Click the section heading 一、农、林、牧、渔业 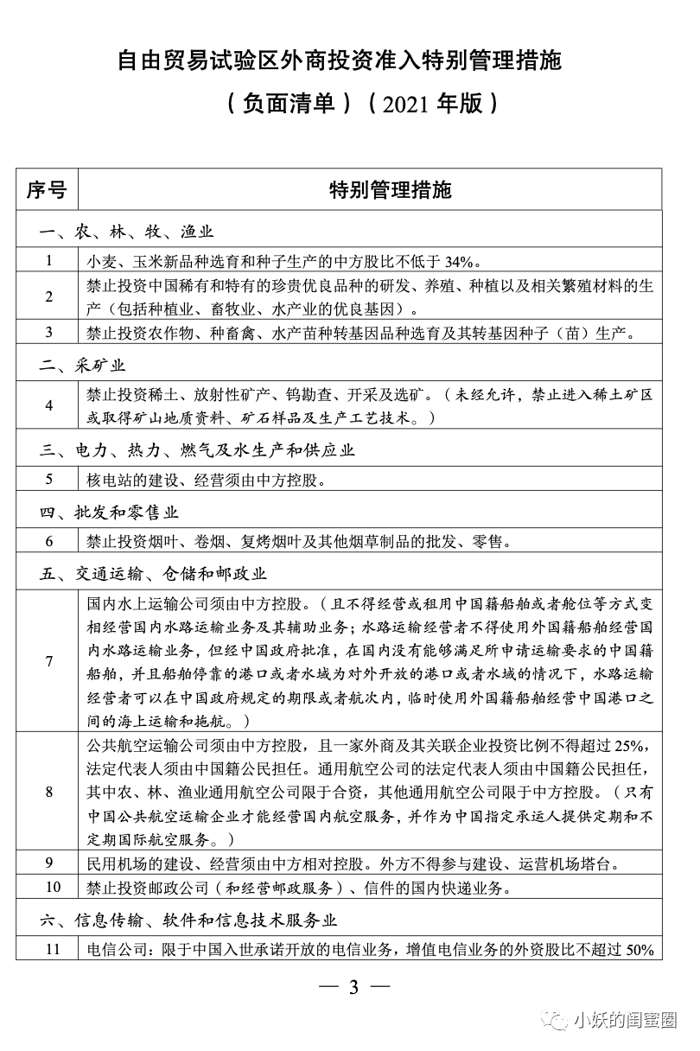[126, 232]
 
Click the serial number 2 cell [49, 296]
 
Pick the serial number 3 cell [49, 332]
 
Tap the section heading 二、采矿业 [83, 366]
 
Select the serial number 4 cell [49, 404]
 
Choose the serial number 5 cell [49, 478]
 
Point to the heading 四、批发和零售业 [109, 513]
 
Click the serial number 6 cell [49, 542]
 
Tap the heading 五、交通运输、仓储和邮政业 [153, 573]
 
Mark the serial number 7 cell [49, 661]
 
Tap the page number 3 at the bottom [353, 988]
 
